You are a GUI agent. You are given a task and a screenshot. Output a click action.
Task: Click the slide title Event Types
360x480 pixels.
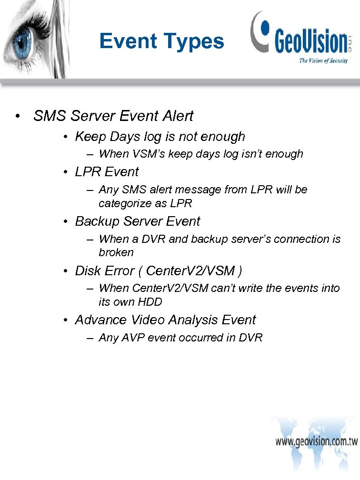click(161, 41)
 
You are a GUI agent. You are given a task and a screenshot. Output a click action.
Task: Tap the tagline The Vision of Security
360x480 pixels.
click(323, 60)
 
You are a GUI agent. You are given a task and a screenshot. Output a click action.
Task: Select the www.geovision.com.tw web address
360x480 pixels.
click(316, 441)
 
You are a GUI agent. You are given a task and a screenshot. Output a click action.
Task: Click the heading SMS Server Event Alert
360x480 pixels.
click(113, 116)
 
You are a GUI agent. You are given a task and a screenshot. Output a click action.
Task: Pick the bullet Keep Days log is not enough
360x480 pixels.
click(160, 137)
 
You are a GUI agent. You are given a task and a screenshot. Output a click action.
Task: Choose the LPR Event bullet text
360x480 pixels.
click(107, 172)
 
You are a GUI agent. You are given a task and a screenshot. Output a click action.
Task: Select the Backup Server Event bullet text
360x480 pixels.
click(138, 221)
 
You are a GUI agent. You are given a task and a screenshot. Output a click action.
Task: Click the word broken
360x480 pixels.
click(116, 252)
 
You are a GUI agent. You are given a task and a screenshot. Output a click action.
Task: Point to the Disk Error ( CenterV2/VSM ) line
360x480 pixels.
click(159, 271)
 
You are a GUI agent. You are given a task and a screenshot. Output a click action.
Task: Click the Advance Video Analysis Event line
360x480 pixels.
click(165, 320)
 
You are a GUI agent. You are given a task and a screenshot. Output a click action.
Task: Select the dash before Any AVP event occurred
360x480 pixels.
click(90, 338)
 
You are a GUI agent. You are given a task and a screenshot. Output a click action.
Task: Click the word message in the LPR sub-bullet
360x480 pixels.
click(183, 190)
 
